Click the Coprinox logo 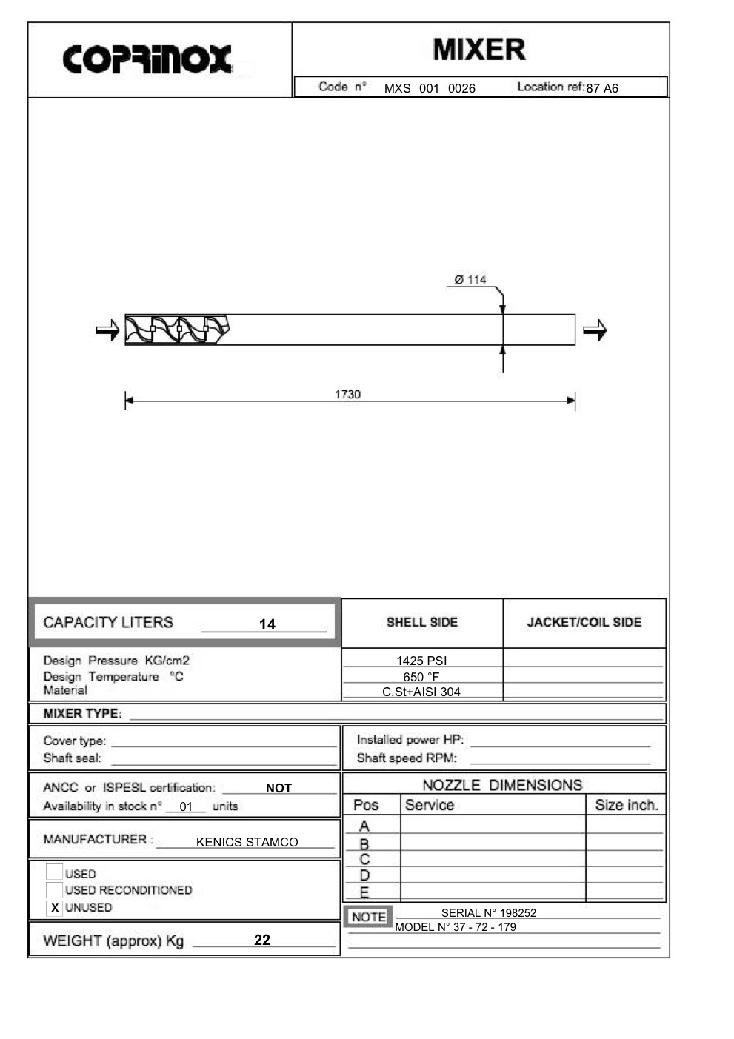coord(147,59)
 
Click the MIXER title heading coord(479,50)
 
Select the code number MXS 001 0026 coord(430,88)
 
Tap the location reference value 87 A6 coord(602,88)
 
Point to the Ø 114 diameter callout coord(470,280)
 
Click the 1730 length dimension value coord(347,395)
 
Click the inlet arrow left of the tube coord(107,330)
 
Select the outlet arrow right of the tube coord(594,330)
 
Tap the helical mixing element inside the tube coord(176,330)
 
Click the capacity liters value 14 coord(267,624)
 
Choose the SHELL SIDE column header coord(422,622)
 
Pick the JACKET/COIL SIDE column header coord(584,622)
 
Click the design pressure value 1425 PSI coord(421,661)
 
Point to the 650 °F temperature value coord(421,677)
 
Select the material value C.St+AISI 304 coord(421,692)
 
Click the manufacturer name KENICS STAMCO coord(247,842)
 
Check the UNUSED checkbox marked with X coord(54,907)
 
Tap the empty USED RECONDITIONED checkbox coord(54,889)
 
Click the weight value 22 coord(262,940)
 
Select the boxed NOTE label coord(368,917)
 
